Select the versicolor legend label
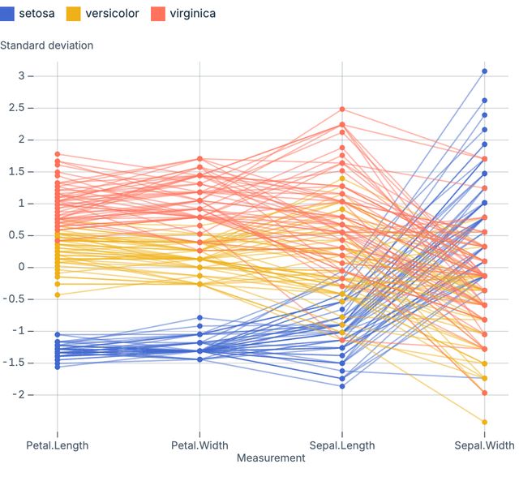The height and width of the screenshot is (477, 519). click(x=112, y=14)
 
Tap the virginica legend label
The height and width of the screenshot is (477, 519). click(x=192, y=14)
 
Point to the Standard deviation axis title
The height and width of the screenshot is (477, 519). click(x=46, y=45)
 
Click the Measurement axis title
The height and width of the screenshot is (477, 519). click(x=271, y=458)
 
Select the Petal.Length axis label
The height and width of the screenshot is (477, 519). click(x=58, y=445)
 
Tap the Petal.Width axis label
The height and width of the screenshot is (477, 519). click(x=199, y=445)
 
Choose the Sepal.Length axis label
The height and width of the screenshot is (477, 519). click(x=342, y=445)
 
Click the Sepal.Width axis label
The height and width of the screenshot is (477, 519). click(x=484, y=445)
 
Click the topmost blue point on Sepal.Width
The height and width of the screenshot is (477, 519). click(x=484, y=71)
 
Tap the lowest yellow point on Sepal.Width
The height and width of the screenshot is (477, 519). click(x=484, y=422)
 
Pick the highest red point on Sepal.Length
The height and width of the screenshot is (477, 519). click(x=342, y=109)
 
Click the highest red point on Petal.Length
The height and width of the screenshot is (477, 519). click(x=58, y=154)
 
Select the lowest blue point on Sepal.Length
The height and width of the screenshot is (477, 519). click(x=342, y=386)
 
